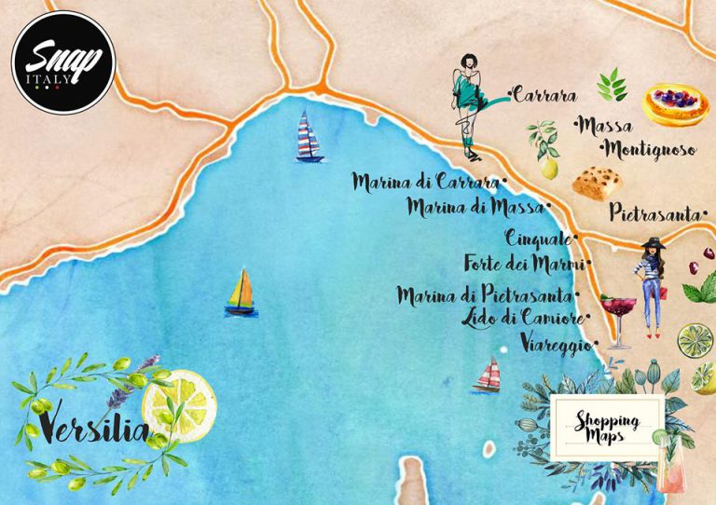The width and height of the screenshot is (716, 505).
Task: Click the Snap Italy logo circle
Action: click(x=62, y=61)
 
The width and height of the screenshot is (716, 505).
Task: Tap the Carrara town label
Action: click(x=544, y=95)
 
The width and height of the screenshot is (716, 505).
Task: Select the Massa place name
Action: click(x=606, y=125)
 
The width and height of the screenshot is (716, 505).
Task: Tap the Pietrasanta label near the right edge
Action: click(x=656, y=213)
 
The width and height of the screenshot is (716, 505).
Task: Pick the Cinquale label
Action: click(x=540, y=239)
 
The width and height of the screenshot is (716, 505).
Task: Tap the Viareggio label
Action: click(x=556, y=344)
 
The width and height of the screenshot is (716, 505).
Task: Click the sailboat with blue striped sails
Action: click(x=308, y=137)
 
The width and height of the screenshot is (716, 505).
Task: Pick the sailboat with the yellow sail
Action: click(x=241, y=292)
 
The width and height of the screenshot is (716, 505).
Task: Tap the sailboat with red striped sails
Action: click(x=488, y=375)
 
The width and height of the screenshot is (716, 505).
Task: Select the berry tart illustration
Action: click(x=675, y=103)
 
